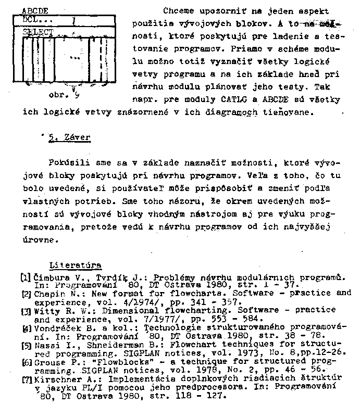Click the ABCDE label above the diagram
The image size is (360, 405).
click(x=35, y=10)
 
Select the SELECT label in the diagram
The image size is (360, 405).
click(x=39, y=32)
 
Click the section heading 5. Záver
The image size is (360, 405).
click(x=69, y=138)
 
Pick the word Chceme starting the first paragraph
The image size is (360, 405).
click(x=178, y=11)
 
